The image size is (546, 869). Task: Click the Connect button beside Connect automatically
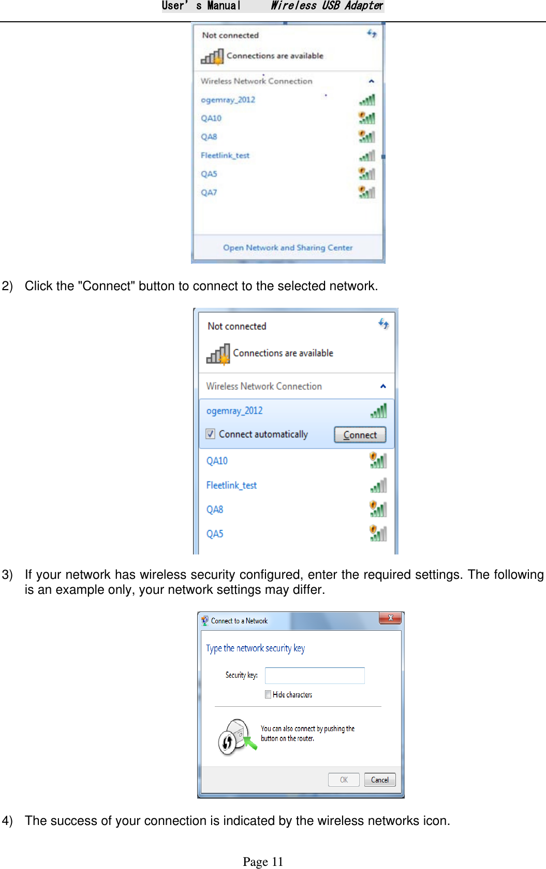coord(360,435)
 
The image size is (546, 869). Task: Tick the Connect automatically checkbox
coord(211,434)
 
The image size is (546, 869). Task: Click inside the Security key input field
coord(315,675)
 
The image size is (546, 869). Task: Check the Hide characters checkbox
coord(268,694)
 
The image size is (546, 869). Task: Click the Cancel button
coord(379,779)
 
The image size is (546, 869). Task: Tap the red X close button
coord(390,618)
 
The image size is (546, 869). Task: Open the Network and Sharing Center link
coord(288,248)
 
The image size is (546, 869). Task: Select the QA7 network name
coord(209,192)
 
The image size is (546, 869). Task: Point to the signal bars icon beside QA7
coord(367,192)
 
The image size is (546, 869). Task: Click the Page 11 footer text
coord(263,861)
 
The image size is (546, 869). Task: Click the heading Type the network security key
coord(255,648)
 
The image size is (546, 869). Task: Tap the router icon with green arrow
coord(236,736)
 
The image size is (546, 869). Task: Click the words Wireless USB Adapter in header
coord(327,6)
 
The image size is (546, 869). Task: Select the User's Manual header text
coord(201,6)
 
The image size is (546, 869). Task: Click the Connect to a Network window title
coord(239,621)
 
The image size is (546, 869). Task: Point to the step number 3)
coord(7,575)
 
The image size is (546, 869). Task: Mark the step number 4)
coord(7,821)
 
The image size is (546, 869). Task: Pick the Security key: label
coord(241,675)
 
